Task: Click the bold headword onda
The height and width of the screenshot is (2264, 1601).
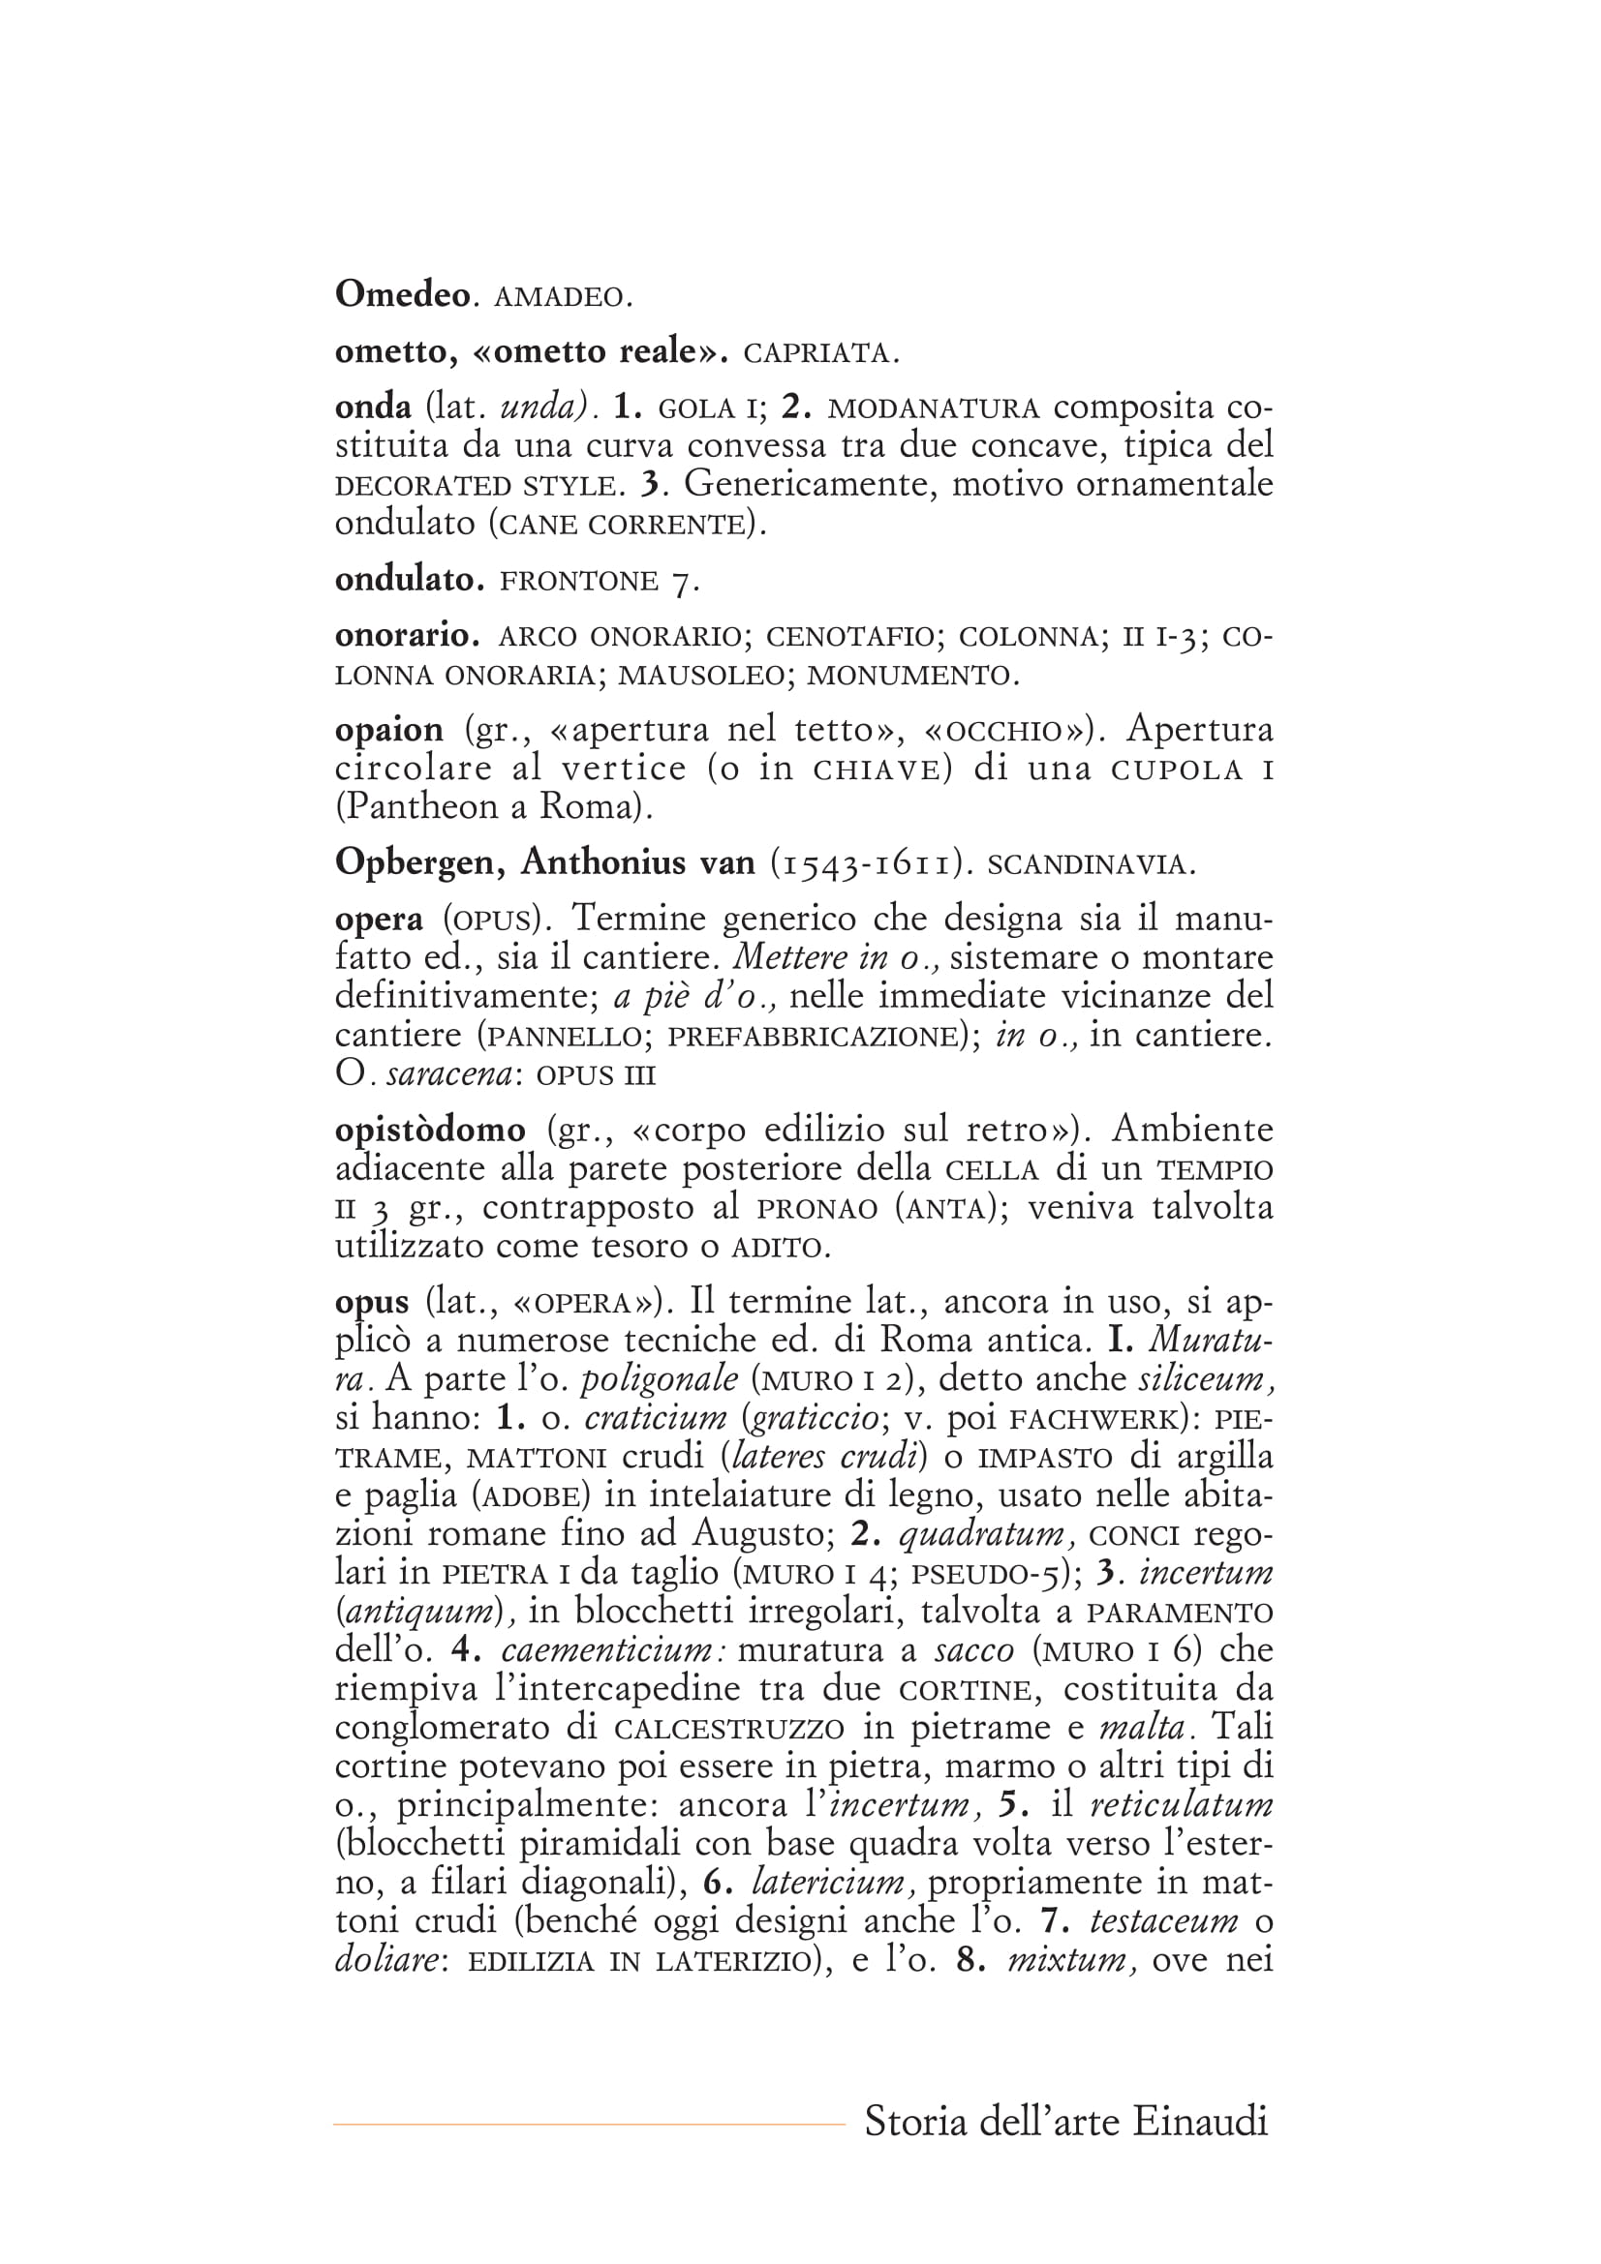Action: [x=373, y=407]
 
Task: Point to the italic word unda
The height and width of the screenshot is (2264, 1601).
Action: [x=539, y=407]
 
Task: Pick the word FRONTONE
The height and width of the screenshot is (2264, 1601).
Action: [x=579, y=581]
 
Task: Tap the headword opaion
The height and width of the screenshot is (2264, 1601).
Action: [x=388, y=731]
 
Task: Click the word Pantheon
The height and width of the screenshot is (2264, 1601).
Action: [x=419, y=807]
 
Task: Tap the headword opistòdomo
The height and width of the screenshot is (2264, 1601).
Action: [x=430, y=1130]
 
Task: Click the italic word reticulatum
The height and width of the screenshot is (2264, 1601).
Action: [x=1181, y=1805]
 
